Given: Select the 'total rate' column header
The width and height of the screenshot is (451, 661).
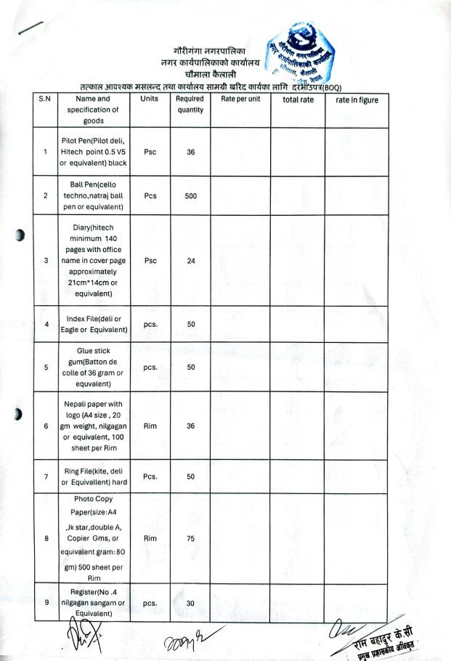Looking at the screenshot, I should point(297,100).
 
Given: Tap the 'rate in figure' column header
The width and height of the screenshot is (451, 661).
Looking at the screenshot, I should point(357,100).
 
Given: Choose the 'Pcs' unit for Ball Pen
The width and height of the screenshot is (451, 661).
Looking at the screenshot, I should point(150,195).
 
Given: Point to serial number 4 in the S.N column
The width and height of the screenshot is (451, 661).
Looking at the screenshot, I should point(46,324).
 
